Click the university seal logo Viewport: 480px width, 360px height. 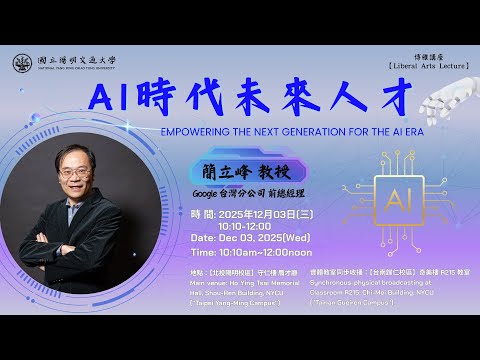[x=21, y=63]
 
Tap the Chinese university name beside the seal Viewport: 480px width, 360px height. [x=70, y=59]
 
